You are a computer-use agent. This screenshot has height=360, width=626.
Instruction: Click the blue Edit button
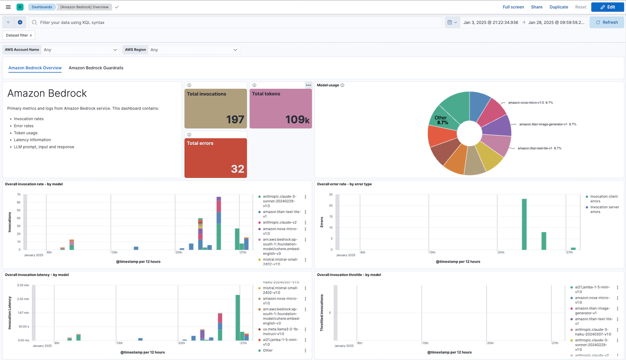tap(607, 7)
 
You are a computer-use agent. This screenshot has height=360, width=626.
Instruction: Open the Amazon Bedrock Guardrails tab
tap(96, 68)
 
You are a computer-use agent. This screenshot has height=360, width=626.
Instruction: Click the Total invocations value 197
tap(235, 119)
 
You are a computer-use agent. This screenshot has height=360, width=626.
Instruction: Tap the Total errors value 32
tap(238, 169)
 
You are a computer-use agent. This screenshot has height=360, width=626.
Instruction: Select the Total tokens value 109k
tap(297, 119)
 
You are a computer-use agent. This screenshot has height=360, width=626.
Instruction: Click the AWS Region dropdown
tap(193, 49)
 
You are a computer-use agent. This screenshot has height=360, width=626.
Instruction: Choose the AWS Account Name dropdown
tap(80, 49)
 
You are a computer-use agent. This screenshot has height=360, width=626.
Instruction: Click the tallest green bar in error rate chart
tap(524, 224)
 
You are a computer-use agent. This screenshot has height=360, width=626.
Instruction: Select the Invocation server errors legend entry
tap(604, 209)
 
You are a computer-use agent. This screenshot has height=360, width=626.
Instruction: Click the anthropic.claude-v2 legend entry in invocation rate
tap(280, 222)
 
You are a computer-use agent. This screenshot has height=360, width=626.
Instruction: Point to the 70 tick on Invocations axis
tap(19, 194)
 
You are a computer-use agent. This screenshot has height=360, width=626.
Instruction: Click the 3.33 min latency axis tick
tap(23, 285)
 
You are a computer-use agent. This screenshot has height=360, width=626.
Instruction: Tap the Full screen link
tap(513, 7)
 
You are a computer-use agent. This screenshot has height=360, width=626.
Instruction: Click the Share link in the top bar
tap(537, 7)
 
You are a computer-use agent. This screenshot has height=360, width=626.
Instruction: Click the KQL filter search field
tap(235, 22)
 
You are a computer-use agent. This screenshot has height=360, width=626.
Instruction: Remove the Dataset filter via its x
tap(31, 35)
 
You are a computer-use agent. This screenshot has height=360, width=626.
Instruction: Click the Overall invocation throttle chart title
tap(348, 275)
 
